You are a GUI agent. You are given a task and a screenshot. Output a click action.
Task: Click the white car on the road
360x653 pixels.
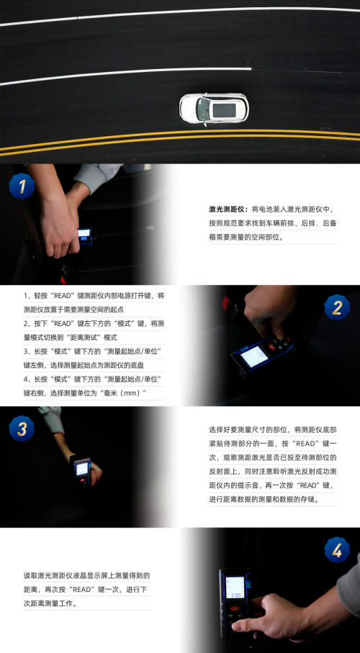(x=213, y=109)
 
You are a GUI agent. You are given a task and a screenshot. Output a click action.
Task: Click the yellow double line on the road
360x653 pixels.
(x=180, y=144)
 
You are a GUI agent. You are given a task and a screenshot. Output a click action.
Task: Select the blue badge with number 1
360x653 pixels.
(x=22, y=188)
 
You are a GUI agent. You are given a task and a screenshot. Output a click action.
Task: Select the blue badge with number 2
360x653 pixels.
(x=336, y=309)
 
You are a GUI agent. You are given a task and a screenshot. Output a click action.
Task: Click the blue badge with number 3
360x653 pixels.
(x=22, y=430)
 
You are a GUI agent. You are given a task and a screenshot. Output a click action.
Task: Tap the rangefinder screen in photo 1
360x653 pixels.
(x=84, y=234)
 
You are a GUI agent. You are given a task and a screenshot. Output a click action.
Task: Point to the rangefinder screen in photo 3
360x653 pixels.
(x=82, y=469)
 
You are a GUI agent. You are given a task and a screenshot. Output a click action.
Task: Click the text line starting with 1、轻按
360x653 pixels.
(x=94, y=296)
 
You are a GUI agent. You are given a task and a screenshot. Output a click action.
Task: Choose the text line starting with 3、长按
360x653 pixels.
(x=94, y=351)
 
